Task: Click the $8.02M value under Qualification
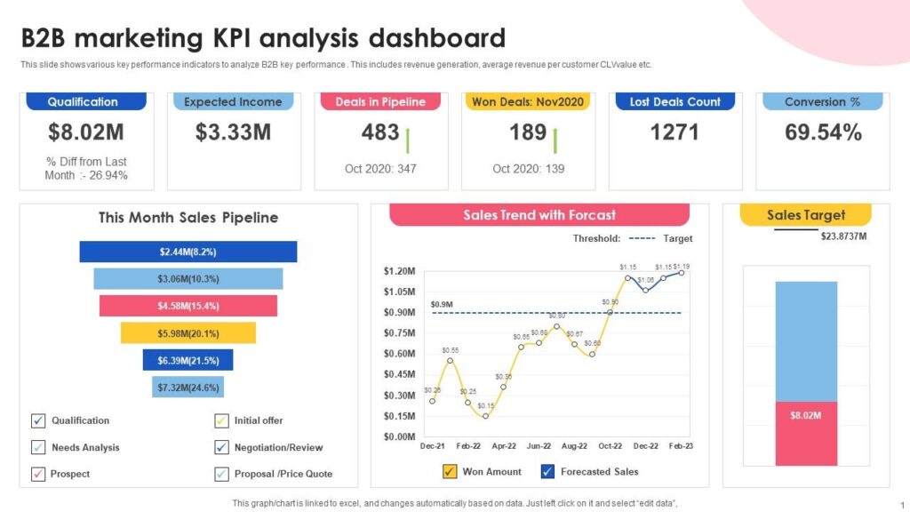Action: [86, 133]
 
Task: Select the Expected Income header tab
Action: [233, 101]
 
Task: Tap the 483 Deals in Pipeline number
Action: [380, 133]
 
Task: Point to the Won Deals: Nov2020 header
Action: [528, 101]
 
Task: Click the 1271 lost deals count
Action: [675, 133]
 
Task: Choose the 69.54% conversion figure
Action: [823, 133]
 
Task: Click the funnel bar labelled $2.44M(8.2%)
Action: [188, 252]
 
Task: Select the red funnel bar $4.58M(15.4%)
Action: [188, 306]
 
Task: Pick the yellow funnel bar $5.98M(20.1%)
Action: [188, 332]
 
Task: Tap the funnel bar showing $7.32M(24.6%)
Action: [188, 387]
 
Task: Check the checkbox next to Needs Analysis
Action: [38, 447]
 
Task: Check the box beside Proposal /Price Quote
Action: [221, 474]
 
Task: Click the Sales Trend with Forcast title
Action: [539, 215]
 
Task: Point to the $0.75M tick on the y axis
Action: [399, 333]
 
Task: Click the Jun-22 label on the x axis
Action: [539, 445]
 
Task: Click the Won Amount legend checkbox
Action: [450, 471]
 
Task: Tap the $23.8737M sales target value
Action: [842, 236]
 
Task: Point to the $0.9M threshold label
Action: [442, 305]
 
